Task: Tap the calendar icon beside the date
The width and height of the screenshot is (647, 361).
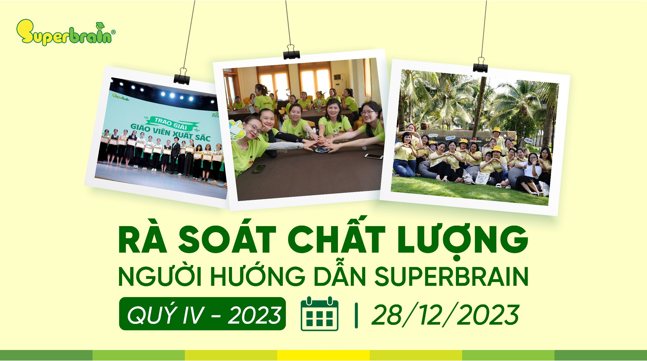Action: [x=319, y=314]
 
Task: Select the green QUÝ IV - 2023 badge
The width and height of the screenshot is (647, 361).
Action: [x=202, y=314]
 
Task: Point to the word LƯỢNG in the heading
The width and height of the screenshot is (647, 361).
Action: [x=463, y=239]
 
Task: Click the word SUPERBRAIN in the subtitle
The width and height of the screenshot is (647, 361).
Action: [x=451, y=277]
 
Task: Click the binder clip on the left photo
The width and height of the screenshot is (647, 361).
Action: [x=182, y=77]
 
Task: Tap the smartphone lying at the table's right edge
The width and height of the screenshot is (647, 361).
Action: [x=374, y=156]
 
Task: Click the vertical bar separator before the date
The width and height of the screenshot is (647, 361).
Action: [x=356, y=316]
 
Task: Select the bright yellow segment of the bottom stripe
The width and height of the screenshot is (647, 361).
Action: [x=323, y=355]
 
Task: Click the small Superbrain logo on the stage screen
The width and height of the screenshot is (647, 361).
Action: [x=121, y=97]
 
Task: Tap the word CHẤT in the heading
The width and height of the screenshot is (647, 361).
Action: [x=336, y=239]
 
